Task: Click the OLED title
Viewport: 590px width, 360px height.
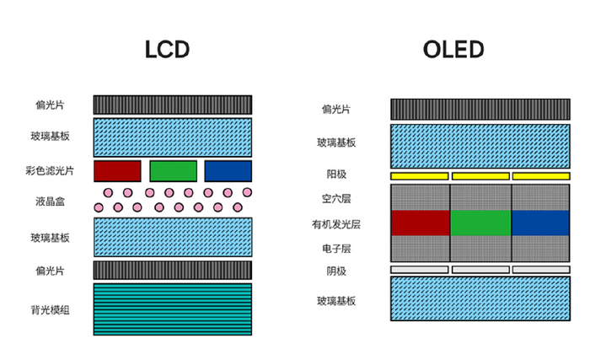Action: [x=453, y=50]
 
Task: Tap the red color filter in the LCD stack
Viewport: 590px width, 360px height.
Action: [x=117, y=170]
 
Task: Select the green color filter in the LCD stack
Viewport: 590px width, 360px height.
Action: [x=173, y=170]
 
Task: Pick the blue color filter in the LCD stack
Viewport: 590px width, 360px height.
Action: [x=228, y=170]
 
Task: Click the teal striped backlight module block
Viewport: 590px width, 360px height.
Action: [x=173, y=309]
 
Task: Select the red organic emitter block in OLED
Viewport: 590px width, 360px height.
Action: [x=421, y=223]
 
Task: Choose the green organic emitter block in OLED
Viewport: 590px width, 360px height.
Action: [x=480, y=223]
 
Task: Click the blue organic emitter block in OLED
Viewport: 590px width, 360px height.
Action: [x=541, y=223]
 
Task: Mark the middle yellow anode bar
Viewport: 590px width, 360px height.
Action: [x=480, y=175]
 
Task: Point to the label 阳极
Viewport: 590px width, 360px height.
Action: [x=335, y=175]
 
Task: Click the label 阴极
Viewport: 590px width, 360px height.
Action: [x=335, y=271]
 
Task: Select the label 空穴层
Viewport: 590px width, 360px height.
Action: [x=335, y=199]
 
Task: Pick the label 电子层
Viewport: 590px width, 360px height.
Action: [x=335, y=249]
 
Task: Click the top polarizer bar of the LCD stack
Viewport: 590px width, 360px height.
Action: [x=173, y=105]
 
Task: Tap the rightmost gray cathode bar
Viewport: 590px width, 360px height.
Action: [x=541, y=270]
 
